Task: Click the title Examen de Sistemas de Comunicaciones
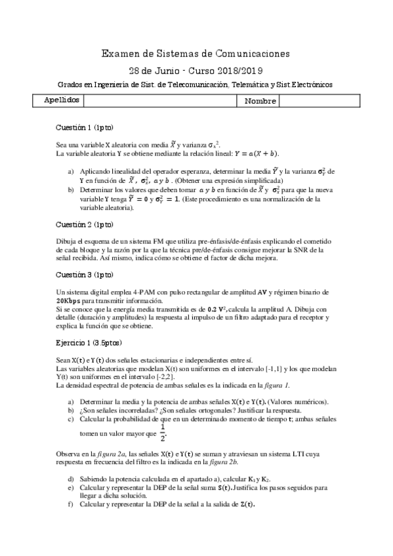(x=196, y=54)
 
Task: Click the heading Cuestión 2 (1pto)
(x=84, y=224)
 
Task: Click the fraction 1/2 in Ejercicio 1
(x=162, y=433)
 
